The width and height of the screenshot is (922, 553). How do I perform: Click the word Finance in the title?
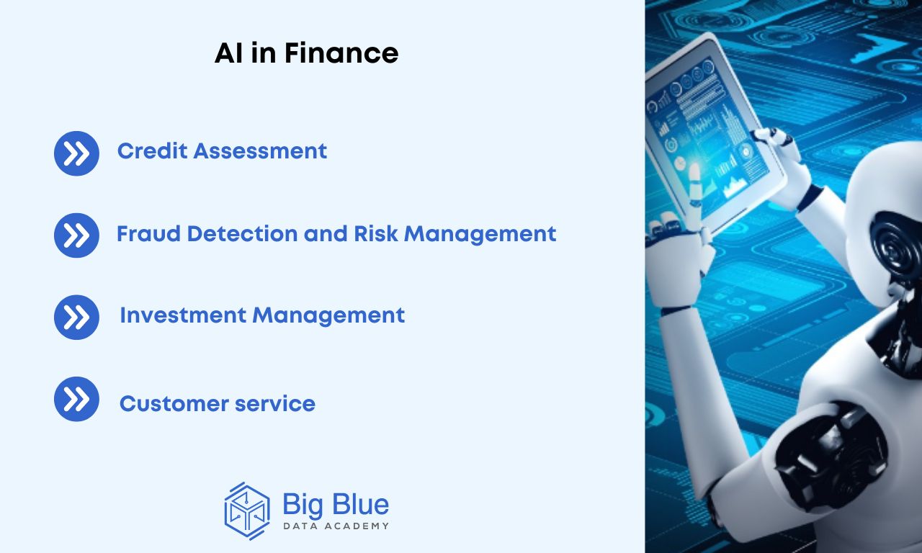[341, 53]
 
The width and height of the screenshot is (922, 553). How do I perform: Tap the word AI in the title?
[228, 53]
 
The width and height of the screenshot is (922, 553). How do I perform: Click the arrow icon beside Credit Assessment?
[76, 153]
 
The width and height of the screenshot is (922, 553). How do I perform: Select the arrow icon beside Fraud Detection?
[76, 235]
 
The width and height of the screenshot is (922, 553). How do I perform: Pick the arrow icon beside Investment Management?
[76, 318]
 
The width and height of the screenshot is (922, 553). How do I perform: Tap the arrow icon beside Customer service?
[76, 399]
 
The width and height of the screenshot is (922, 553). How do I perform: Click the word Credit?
[153, 151]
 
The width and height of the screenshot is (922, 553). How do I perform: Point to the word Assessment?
[260, 151]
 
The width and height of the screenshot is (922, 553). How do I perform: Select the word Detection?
[243, 234]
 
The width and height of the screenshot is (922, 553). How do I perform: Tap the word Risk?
[376, 234]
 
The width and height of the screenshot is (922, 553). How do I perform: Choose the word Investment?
[183, 315]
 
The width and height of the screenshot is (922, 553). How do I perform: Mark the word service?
[275, 404]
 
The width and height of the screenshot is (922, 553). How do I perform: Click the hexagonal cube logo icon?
[247, 511]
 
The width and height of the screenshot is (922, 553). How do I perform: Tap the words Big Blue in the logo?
[336, 505]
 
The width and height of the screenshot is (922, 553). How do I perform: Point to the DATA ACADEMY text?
[336, 526]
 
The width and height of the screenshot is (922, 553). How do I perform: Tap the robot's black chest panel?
[831, 457]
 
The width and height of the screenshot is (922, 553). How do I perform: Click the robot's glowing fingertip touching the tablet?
[694, 171]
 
